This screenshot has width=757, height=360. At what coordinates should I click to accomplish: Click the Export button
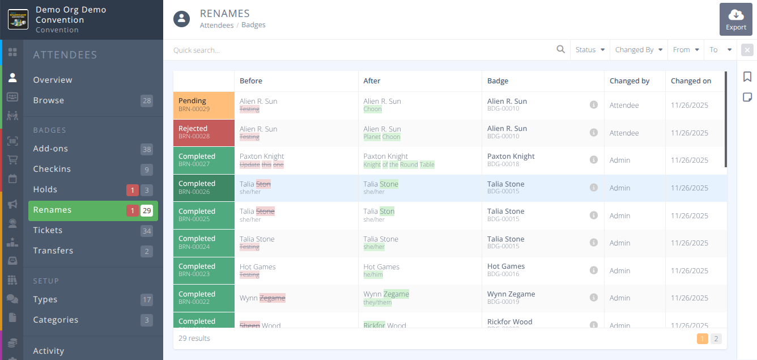pyautogui.click(x=736, y=20)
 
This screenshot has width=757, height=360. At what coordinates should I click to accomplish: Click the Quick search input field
pyautogui.click(x=363, y=50)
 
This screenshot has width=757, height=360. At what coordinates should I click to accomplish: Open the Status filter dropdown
pyautogui.click(x=590, y=50)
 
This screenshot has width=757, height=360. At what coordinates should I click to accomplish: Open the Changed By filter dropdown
pyautogui.click(x=639, y=50)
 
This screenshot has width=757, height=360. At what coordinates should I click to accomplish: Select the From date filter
pyautogui.click(x=686, y=50)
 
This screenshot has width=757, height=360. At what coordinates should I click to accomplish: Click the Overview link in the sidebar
pyautogui.click(x=53, y=80)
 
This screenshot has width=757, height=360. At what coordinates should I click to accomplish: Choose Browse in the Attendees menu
pyautogui.click(x=49, y=100)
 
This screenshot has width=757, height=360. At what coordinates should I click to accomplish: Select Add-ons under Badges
pyautogui.click(x=50, y=149)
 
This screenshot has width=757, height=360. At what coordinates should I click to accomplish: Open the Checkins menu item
pyautogui.click(x=52, y=169)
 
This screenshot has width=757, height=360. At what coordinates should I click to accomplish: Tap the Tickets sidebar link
pyautogui.click(x=48, y=230)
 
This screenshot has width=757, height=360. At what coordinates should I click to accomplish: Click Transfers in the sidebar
pyautogui.click(x=53, y=251)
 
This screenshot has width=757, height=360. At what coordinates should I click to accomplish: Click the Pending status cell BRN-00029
pyautogui.click(x=203, y=105)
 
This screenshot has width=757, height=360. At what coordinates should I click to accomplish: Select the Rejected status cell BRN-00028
pyautogui.click(x=203, y=133)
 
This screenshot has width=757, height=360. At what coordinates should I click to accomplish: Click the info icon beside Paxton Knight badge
pyautogui.click(x=594, y=160)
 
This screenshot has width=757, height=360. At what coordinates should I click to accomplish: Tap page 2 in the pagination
pyautogui.click(x=716, y=339)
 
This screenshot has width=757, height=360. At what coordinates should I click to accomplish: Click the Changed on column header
pyautogui.click(x=691, y=81)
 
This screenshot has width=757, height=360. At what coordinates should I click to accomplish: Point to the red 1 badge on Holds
pyautogui.click(x=132, y=190)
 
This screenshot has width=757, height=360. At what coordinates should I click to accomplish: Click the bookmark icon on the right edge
pyautogui.click(x=747, y=77)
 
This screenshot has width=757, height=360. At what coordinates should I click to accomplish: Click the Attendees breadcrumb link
pyautogui.click(x=216, y=25)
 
